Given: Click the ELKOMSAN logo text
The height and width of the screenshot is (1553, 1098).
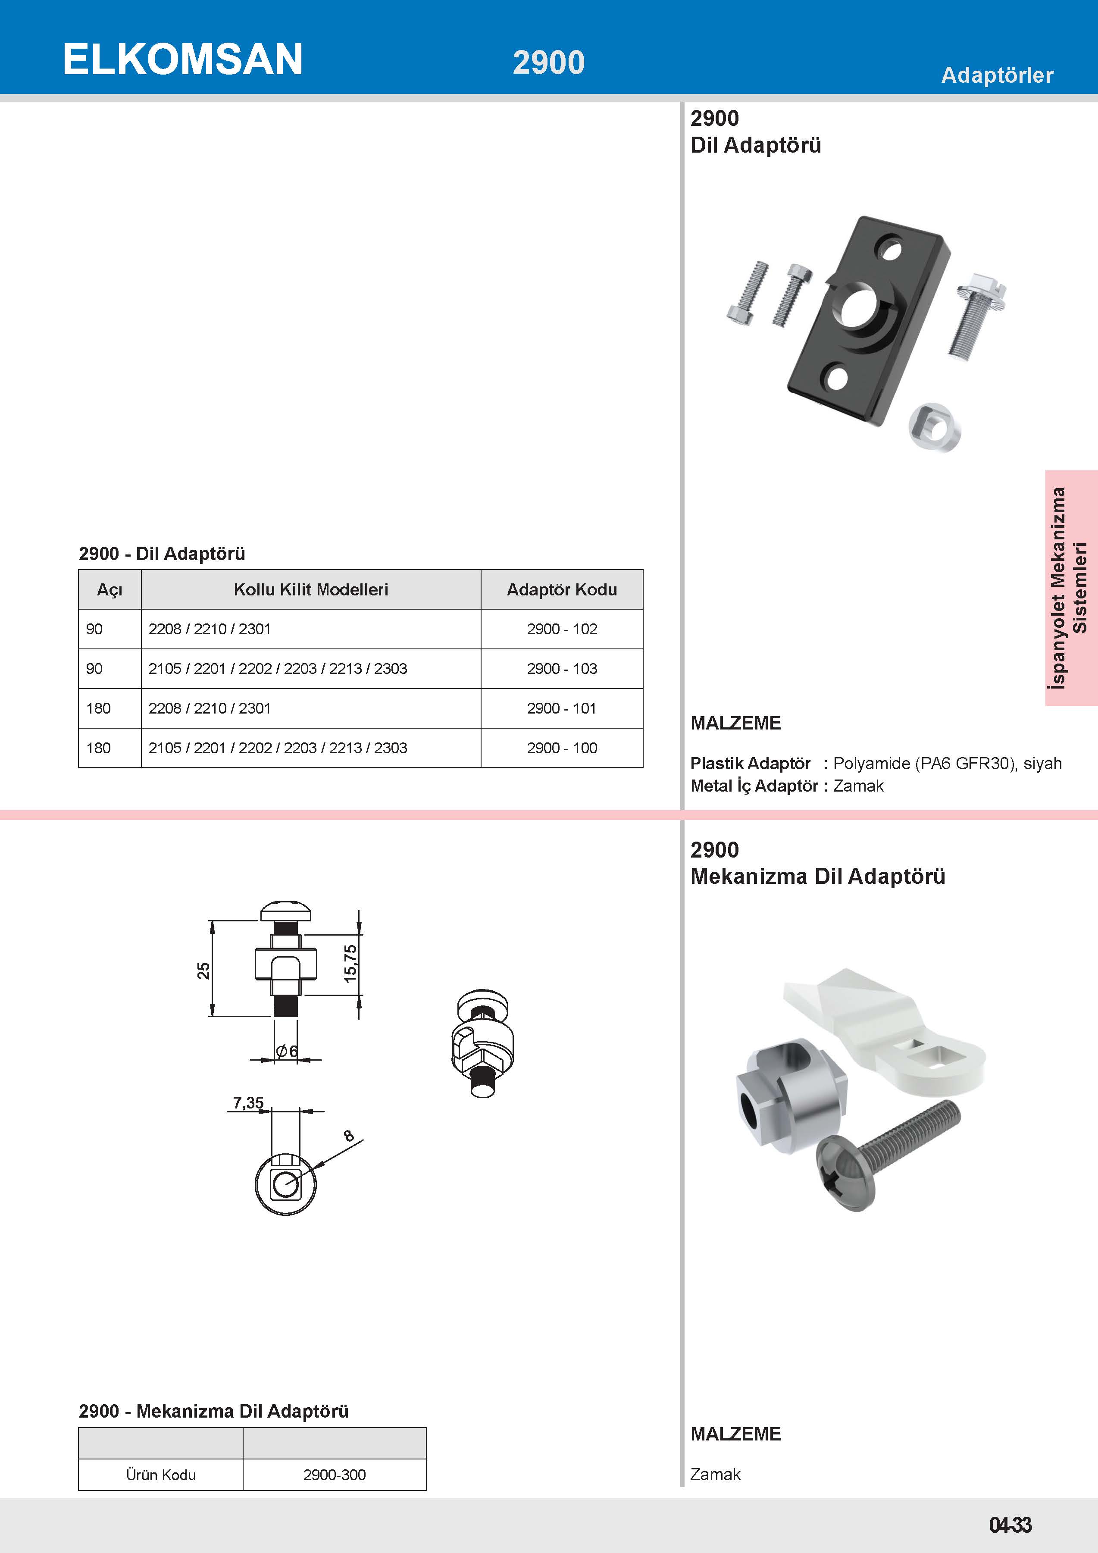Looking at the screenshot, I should (x=182, y=59).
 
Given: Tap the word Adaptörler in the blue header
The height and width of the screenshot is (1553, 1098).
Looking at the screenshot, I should (x=997, y=75).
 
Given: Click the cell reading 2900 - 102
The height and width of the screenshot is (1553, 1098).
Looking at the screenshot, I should (x=561, y=629).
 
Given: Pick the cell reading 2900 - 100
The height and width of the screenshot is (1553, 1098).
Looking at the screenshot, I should (x=561, y=748).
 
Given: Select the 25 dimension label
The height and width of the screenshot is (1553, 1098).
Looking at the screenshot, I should (x=203, y=971).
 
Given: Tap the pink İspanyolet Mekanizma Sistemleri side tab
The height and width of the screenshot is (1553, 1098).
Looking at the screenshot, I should (x=1070, y=588).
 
